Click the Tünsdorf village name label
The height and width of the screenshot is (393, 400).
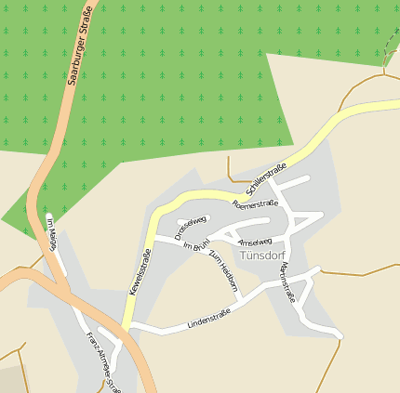262,255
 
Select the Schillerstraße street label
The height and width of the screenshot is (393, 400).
266,176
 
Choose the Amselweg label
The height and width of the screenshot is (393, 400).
255,242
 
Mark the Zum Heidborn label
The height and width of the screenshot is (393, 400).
223,269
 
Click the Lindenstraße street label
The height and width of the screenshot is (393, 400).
208,321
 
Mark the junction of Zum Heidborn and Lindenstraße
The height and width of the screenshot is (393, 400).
265,286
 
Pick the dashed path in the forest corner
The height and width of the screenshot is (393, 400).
390,52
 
